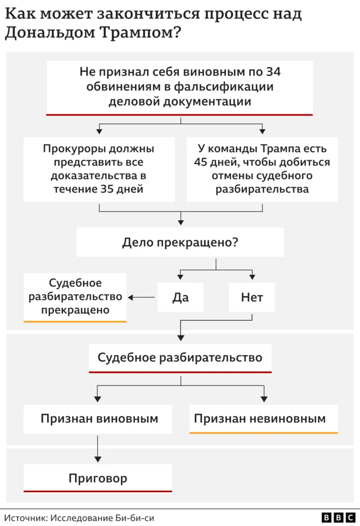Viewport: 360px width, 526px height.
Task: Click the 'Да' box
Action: click(x=180, y=297)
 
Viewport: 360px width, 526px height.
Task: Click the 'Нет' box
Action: click(x=252, y=297)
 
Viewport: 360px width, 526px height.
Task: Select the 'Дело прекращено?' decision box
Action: click(x=180, y=243)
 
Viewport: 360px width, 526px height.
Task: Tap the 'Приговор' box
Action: click(x=98, y=478)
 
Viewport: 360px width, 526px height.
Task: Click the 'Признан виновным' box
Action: click(x=98, y=419)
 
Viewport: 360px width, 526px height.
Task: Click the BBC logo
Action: click(x=338, y=518)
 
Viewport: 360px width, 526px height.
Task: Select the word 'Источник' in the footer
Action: click(x=26, y=518)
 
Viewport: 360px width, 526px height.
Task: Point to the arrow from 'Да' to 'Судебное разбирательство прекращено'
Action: click(x=142, y=297)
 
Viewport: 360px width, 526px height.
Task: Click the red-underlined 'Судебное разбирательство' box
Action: click(x=180, y=357)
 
